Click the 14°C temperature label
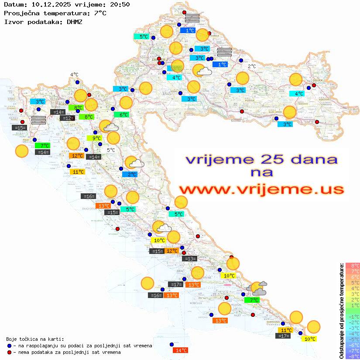pos(180,350)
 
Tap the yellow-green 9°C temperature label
pos(96,138)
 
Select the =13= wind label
pos(189,259)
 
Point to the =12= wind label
pos(67,118)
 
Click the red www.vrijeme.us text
pos(261,189)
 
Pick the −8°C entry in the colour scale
pos(353,357)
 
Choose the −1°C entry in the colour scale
pos(353,316)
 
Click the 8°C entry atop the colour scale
pos(353,265)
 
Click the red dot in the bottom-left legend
pos(10,352)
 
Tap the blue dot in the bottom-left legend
pos(10,346)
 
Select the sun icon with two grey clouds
pos(257,288)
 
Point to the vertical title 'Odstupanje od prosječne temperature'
pos(341,311)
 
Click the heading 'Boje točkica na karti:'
pos(35,339)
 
